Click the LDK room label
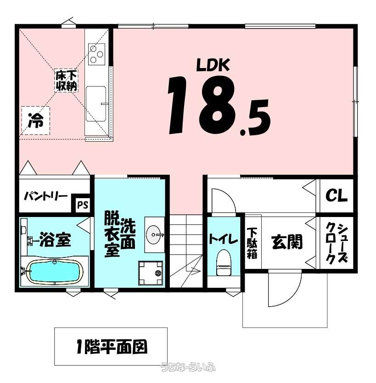point(213,65)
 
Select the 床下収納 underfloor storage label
point(66,80)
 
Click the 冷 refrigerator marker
point(36,120)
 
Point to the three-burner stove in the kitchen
point(97,54)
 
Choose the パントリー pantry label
point(45,196)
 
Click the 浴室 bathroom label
point(56,240)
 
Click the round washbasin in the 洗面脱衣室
point(154,235)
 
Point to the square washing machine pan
point(151,273)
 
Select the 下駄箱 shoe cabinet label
point(252,243)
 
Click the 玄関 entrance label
point(287,241)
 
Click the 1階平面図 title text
point(112,347)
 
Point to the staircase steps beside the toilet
point(186,251)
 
